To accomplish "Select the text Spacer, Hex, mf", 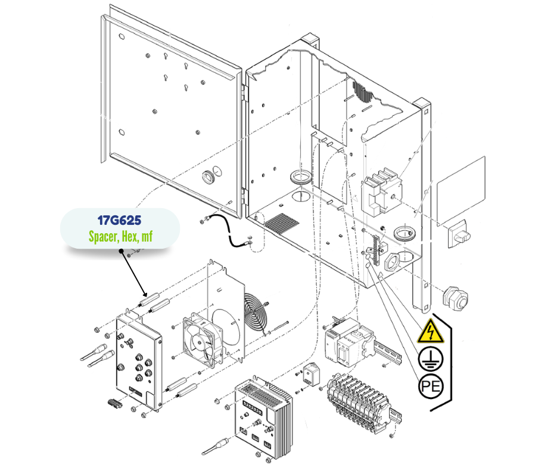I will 120,237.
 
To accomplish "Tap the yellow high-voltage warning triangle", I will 431,332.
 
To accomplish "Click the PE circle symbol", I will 431,387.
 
